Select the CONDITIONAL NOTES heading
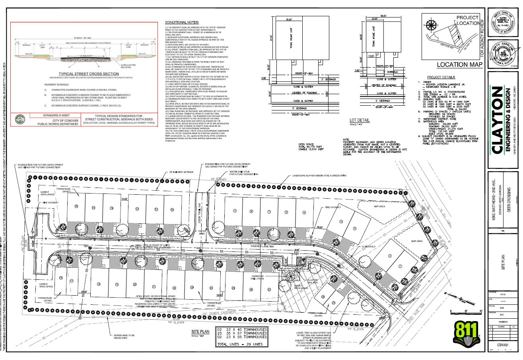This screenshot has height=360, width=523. pyautogui.click(x=182, y=22)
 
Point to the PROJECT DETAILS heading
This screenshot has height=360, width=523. pyautogui.click(x=440, y=77)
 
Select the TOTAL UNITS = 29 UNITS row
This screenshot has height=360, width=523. pyautogui.click(x=241, y=344)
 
